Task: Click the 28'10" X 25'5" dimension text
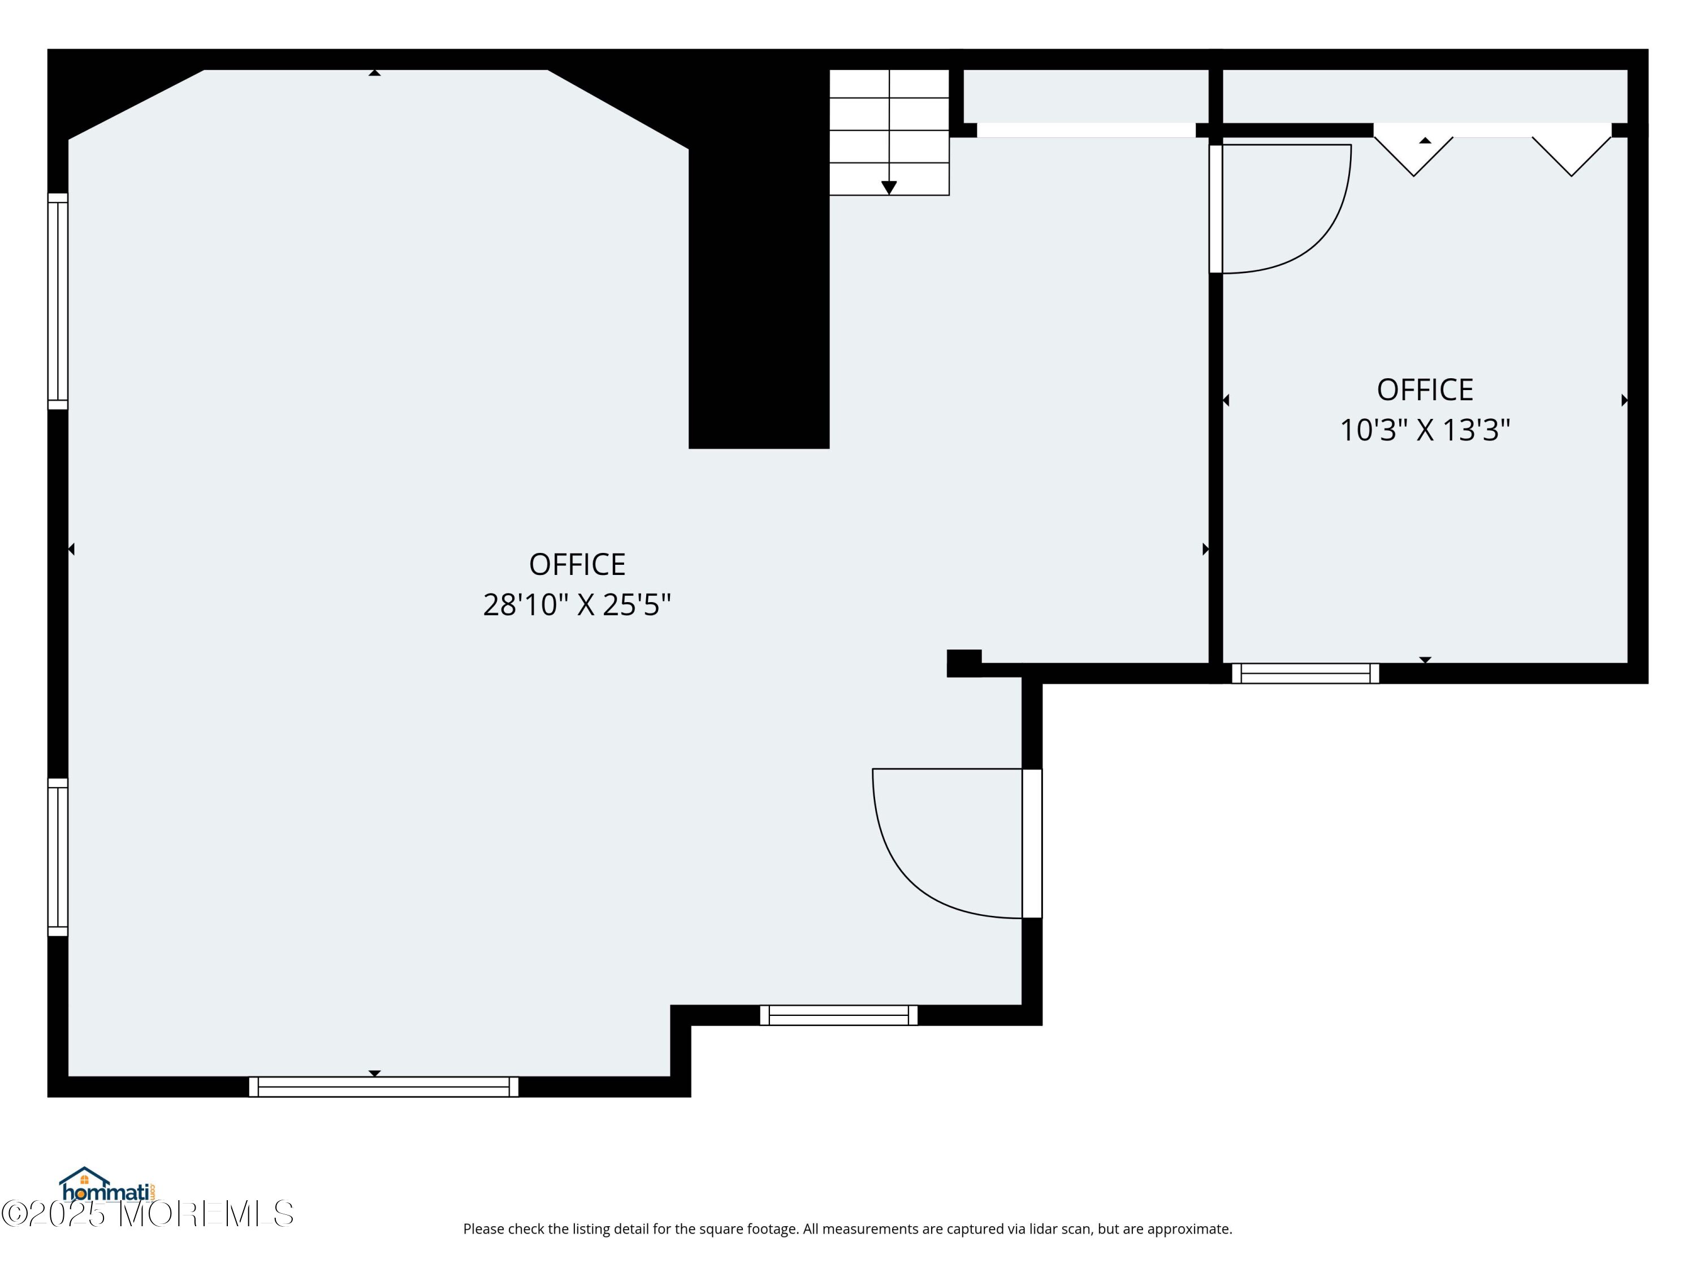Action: coord(577,605)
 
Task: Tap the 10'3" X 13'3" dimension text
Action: coord(1425,430)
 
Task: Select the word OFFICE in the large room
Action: coord(577,564)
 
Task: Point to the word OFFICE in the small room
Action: coord(1425,390)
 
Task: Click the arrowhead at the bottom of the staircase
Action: coord(889,188)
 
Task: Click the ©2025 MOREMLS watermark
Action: coord(147,1214)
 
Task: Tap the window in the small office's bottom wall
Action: coord(1305,673)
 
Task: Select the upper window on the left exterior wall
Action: coord(58,301)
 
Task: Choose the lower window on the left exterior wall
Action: coord(58,857)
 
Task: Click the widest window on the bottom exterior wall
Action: coord(383,1087)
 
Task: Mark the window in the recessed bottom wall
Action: coord(839,1015)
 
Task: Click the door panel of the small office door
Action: coord(1216,209)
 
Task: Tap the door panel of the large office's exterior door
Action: coord(1032,843)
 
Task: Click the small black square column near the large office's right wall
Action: coord(964,663)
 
